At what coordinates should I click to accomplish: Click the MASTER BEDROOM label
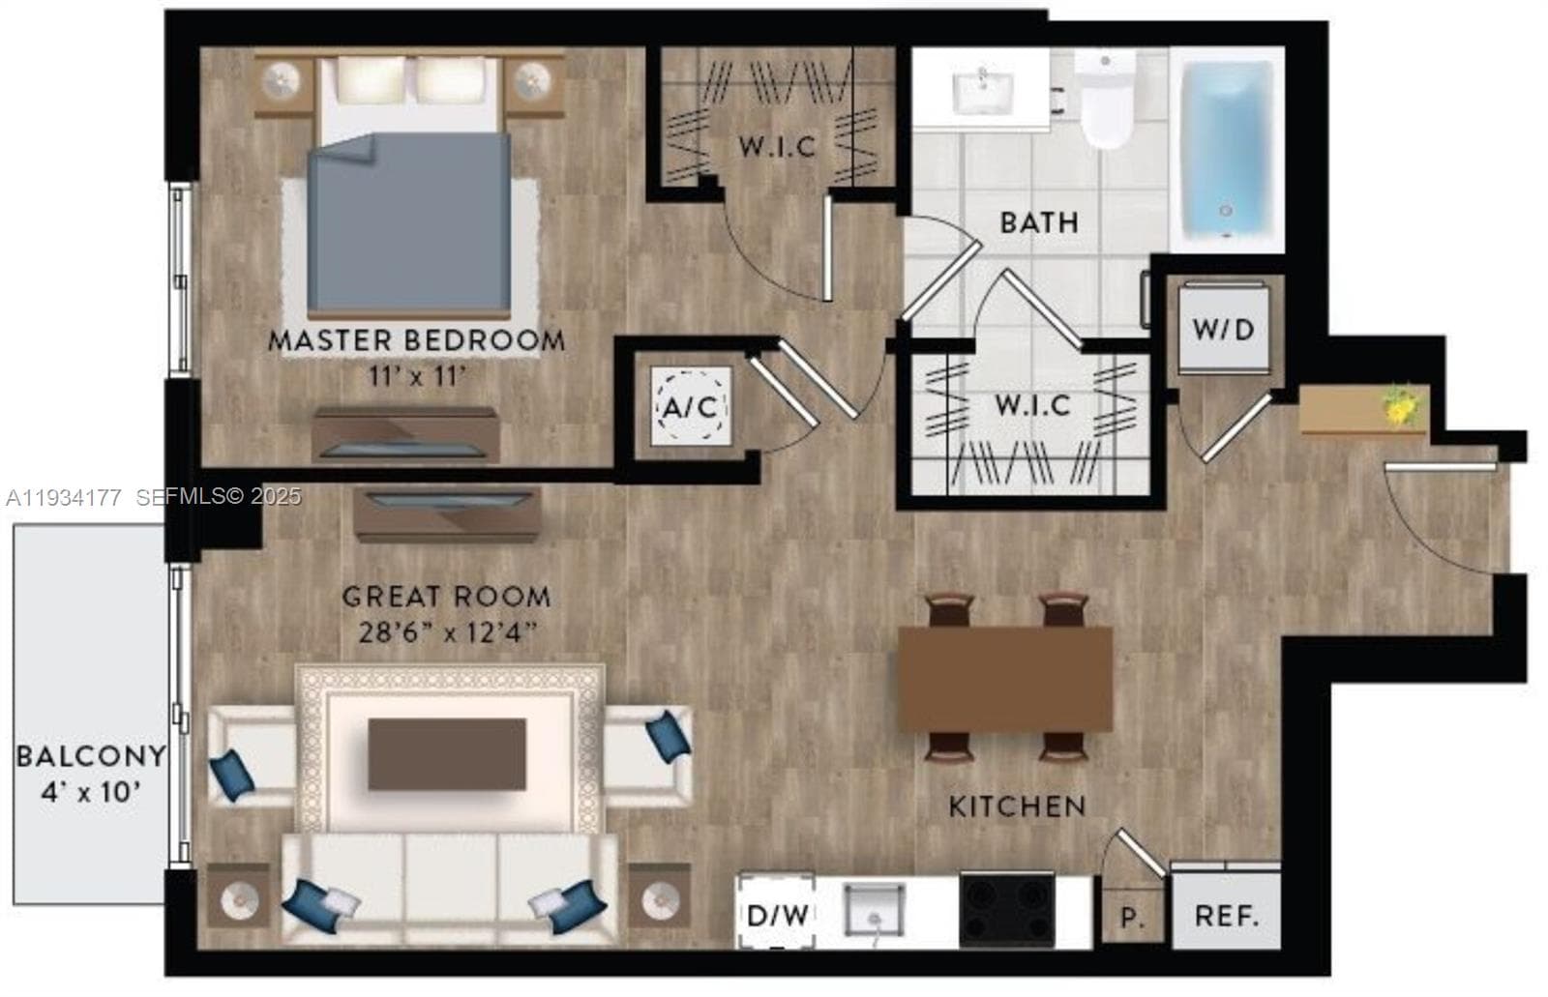point(416,340)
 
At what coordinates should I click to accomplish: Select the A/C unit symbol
point(691,406)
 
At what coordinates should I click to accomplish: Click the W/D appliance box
point(1223,329)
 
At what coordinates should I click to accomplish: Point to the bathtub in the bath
point(1227,148)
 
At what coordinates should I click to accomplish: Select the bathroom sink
point(982,93)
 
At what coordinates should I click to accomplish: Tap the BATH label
point(1039,222)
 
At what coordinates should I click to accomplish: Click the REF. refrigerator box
point(1226,911)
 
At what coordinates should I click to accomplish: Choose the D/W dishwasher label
point(778,916)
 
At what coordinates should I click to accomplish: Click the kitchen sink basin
point(875,910)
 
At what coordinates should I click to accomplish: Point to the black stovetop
point(1007,910)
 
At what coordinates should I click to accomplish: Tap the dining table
point(1005,679)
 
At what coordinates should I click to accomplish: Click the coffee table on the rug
point(447,754)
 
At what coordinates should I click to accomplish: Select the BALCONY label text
point(91,756)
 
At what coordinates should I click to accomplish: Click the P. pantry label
point(1130,917)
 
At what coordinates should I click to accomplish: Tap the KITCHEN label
point(1017,806)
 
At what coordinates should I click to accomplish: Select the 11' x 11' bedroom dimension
point(416,376)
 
